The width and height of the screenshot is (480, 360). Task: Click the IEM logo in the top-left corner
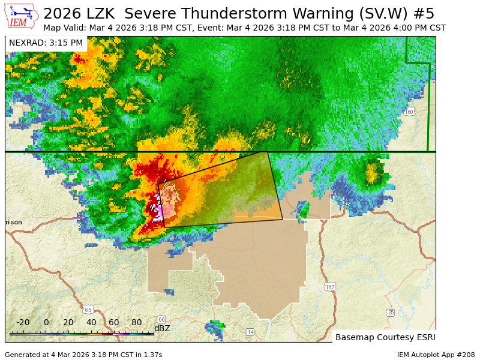pyautogui.click(x=21, y=16)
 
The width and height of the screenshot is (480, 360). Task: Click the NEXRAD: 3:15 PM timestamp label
pyautogui.click(x=46, y=43)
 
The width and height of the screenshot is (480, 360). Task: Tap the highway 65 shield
pyautogui.click(x=89, y=310)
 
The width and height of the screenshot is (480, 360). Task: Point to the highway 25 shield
pyautogui.click(x=391, y=313)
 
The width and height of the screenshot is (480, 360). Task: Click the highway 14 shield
pyautogui.click(x=250, y=332)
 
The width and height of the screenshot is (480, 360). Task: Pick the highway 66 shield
pyautogui.click(x=161, y=319)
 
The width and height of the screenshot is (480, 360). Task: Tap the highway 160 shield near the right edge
pyautogui.click(x=409, y=112)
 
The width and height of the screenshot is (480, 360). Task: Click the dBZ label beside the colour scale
pyautogui.click(x=162, y=328)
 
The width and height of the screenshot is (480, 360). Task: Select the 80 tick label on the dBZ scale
pyautogui.click(x=137, y=322)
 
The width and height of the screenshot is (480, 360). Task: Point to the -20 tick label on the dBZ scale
pyautogui.click(x=23, y=322)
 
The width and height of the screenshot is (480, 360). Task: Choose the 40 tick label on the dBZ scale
pyautogui.click(x=91, y=322)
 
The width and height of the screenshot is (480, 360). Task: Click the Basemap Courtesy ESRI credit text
pyautogui.click(x=385, y=337)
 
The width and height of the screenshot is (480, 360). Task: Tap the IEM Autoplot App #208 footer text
pyautogui.click(x=436, y=355)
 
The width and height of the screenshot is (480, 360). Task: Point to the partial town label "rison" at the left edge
pyautogui.click(x=14, y=222)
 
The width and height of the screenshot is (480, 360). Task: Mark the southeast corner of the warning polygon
pyautogui.click(x=283, y=219)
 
